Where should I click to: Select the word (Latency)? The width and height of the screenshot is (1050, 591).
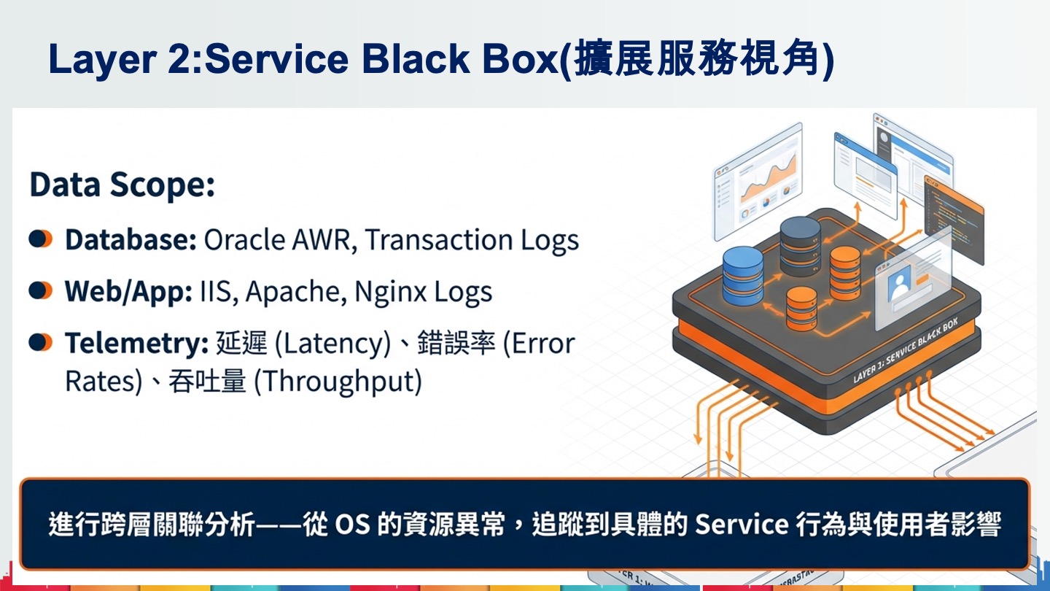(x=332, y=344)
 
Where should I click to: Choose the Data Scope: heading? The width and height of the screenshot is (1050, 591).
(x=122, y=186)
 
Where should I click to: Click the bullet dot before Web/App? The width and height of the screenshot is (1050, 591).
(x=41, y=291)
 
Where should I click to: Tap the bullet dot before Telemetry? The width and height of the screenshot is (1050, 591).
(x=41, y=342)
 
